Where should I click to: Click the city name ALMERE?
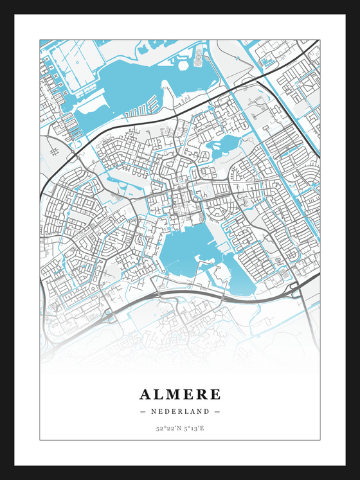point(180,394)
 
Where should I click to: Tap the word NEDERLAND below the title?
point(180,411)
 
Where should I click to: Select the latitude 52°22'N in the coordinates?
point(167,427)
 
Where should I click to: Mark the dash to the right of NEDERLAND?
point(217,411)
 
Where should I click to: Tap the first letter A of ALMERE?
point(145,394)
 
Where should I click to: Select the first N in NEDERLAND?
point(154,411)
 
